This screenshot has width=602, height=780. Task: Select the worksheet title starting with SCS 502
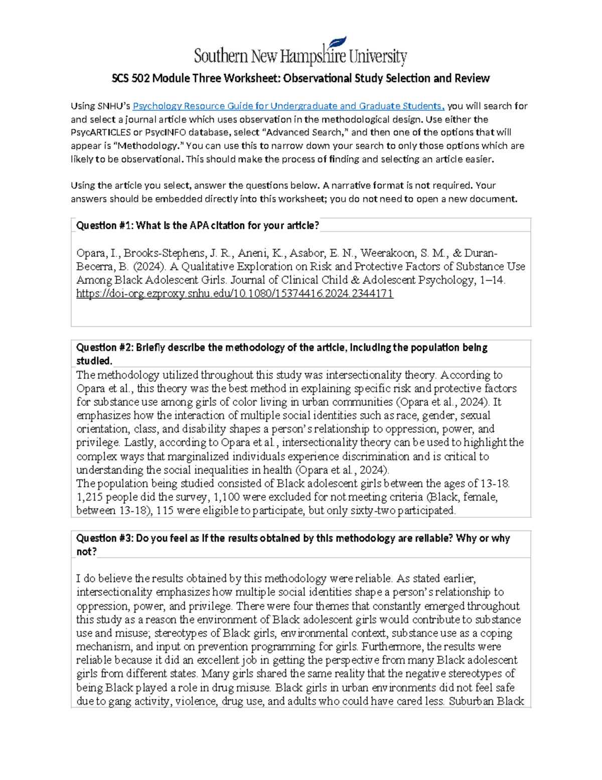coord(300,78)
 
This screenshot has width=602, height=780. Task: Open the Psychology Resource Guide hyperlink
coord(288,106)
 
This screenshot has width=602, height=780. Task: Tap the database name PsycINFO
coord(167,133)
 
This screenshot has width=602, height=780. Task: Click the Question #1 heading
coord(197,226)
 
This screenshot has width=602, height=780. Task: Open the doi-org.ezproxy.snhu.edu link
coord(234,294)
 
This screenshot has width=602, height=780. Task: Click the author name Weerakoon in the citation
coord(387,253)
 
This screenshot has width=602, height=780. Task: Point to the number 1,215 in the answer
coord(91,497)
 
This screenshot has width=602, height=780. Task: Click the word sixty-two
coord(376,511)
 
